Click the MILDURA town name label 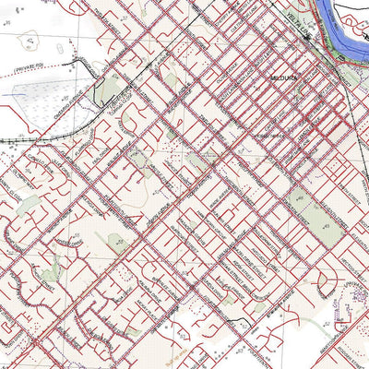[283, 80]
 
